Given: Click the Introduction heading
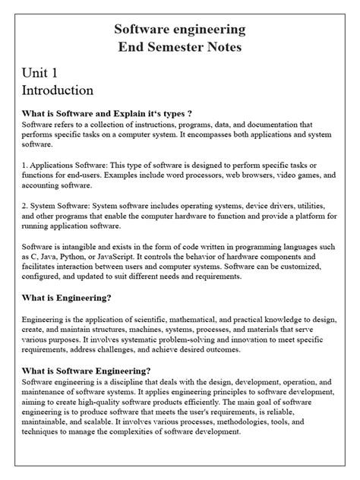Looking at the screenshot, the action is point(58,90).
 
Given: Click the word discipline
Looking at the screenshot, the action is point(128,381).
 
